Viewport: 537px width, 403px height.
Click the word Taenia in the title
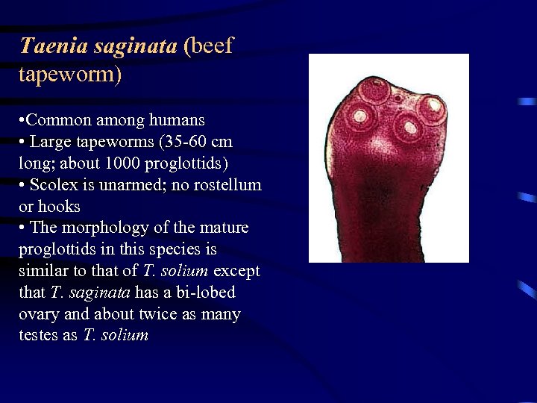click(47, 46)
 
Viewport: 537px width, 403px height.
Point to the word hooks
click(59, 206)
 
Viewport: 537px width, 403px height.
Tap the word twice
click(153, 314)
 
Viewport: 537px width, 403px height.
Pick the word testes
click(39, 336)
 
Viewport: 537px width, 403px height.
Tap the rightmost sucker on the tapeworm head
click(430, 107)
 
